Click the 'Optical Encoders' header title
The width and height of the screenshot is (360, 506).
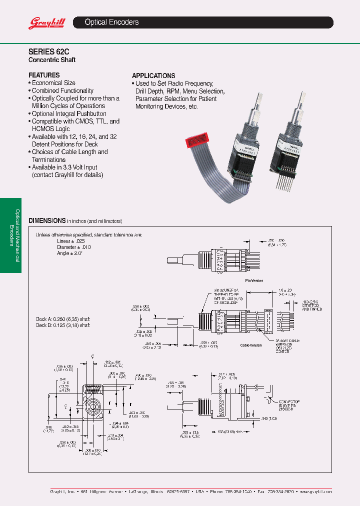tap(111, 22)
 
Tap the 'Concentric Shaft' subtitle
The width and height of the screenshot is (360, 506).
tap(52, 60)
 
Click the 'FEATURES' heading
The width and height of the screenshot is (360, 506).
tap(44, 75)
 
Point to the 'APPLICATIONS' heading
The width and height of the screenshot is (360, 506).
tap(153, 75)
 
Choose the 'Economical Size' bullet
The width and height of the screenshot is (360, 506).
tap(53, 83)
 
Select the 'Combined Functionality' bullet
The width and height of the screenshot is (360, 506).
tap(62, 91)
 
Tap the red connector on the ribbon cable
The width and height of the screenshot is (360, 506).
tap(197, 140)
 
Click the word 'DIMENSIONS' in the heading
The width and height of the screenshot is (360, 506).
tap(47, 220)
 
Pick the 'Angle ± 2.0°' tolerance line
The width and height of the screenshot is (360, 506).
tap(69, 253)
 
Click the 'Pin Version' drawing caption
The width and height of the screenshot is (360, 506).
tap(253, 280)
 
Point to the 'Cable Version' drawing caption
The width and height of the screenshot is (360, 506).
tap(251, 345)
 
